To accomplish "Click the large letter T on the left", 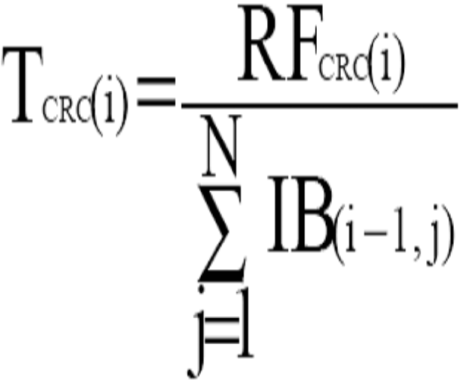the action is pos(23,85).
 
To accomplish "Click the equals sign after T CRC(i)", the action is pos(156,92).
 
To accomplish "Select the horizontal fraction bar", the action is pos(320,105).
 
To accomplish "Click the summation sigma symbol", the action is pos(222,233).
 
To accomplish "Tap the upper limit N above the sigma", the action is pos(219,146).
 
